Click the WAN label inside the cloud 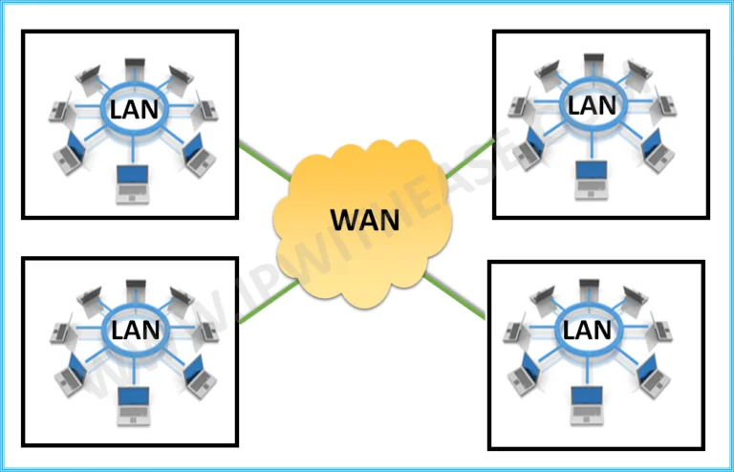[x=365, y=220]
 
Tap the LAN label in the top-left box [x=134, y=109]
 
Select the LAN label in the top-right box [x=593, y=104]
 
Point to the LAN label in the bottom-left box [x=135, y=331]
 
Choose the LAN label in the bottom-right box [x=587, y=330]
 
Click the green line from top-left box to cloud [x=265, y=161]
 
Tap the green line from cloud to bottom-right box [x=458, y=293]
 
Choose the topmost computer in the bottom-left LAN [x=136, y=288]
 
